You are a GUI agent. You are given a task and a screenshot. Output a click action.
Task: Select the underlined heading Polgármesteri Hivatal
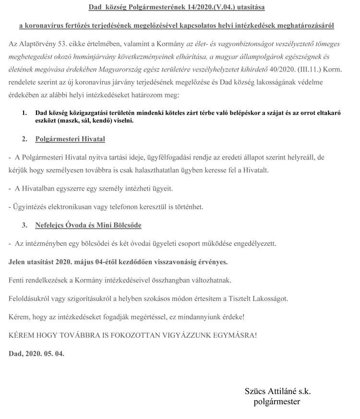coord(70,140)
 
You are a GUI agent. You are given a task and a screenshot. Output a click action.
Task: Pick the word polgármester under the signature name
coord(276,402)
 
